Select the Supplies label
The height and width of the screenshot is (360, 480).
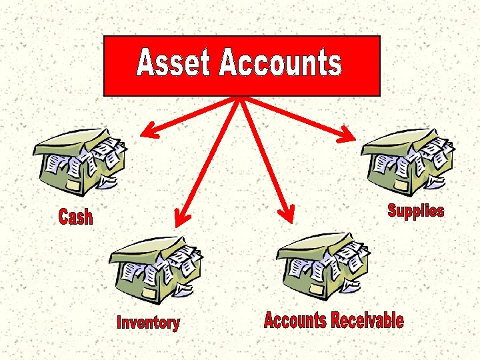pos(415,211)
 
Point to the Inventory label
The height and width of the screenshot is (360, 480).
pos(148,323)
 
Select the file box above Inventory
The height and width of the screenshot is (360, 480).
pos(155,267)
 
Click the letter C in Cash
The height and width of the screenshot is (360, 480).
pos(64,217)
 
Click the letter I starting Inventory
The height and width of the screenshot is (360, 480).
pos(119,323)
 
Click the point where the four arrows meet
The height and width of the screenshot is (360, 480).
pos(239,99)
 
